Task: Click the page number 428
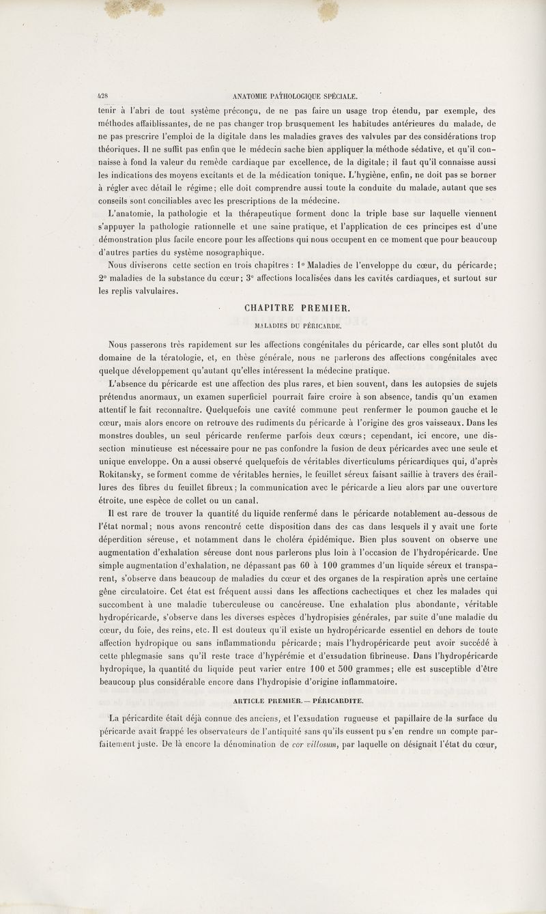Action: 101,96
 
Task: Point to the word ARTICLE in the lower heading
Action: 252,700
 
